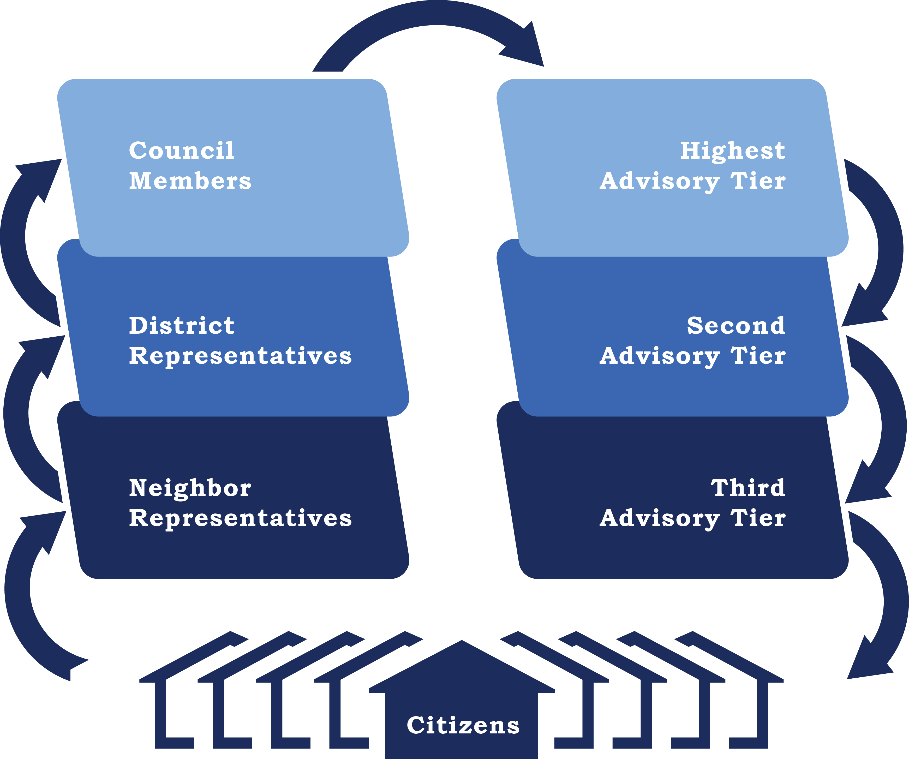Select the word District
(182, 326)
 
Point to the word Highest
(732, 151)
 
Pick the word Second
(736, 326)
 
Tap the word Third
(748, 488)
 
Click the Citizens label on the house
(463, 725)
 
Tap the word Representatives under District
(240, 356)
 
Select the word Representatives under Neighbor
(240, 518)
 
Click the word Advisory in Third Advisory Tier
(660, 518)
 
